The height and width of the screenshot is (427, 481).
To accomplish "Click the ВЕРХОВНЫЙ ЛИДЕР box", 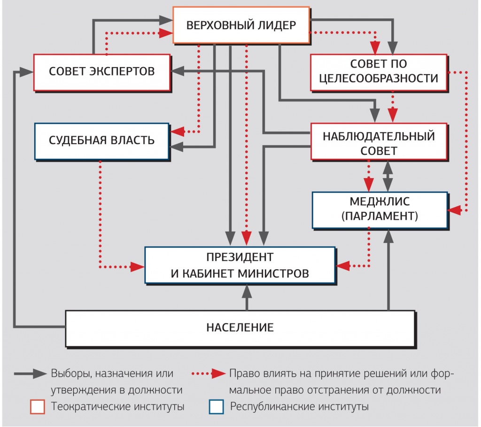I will coord(241,25).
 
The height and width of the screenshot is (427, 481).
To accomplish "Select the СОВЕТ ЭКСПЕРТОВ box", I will coord(101,72).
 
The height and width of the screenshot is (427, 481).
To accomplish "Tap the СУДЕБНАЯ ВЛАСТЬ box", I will coord(101,140).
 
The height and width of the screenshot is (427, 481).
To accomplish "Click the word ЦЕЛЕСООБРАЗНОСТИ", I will coord(378,78).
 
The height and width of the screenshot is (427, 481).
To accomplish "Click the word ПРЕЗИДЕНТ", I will coord(240,257).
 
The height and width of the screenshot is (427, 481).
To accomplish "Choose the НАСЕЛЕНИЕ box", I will coord(240,327).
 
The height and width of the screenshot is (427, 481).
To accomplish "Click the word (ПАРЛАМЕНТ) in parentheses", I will coord(380,217).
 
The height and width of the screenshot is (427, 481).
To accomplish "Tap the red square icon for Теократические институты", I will coord(38,407).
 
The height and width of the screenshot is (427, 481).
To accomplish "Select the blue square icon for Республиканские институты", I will coord(216,407).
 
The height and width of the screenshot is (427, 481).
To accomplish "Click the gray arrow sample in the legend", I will coord(30,374).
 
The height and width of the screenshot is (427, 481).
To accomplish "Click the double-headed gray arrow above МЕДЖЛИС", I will coord(388,175).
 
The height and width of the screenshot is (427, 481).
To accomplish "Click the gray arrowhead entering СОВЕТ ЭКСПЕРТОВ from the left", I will coord(26,72).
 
